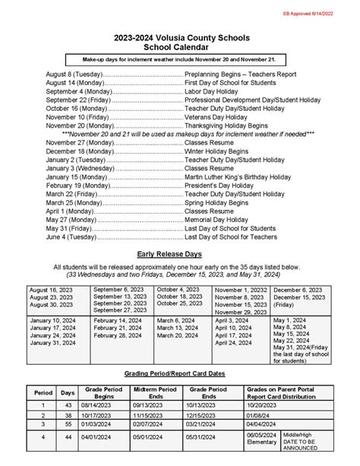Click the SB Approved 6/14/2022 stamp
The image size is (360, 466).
[x=317, y=14]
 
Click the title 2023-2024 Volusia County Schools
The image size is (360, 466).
[x=179, y=36]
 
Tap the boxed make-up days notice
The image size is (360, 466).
[x=179, y=59]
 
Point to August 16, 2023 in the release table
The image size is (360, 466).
[x=51, y=290]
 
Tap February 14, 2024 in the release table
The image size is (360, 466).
[x=118, y=321]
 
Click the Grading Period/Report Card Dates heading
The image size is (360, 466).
[x=179, y=376]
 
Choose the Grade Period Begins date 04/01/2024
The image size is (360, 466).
[x=103, y=437]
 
